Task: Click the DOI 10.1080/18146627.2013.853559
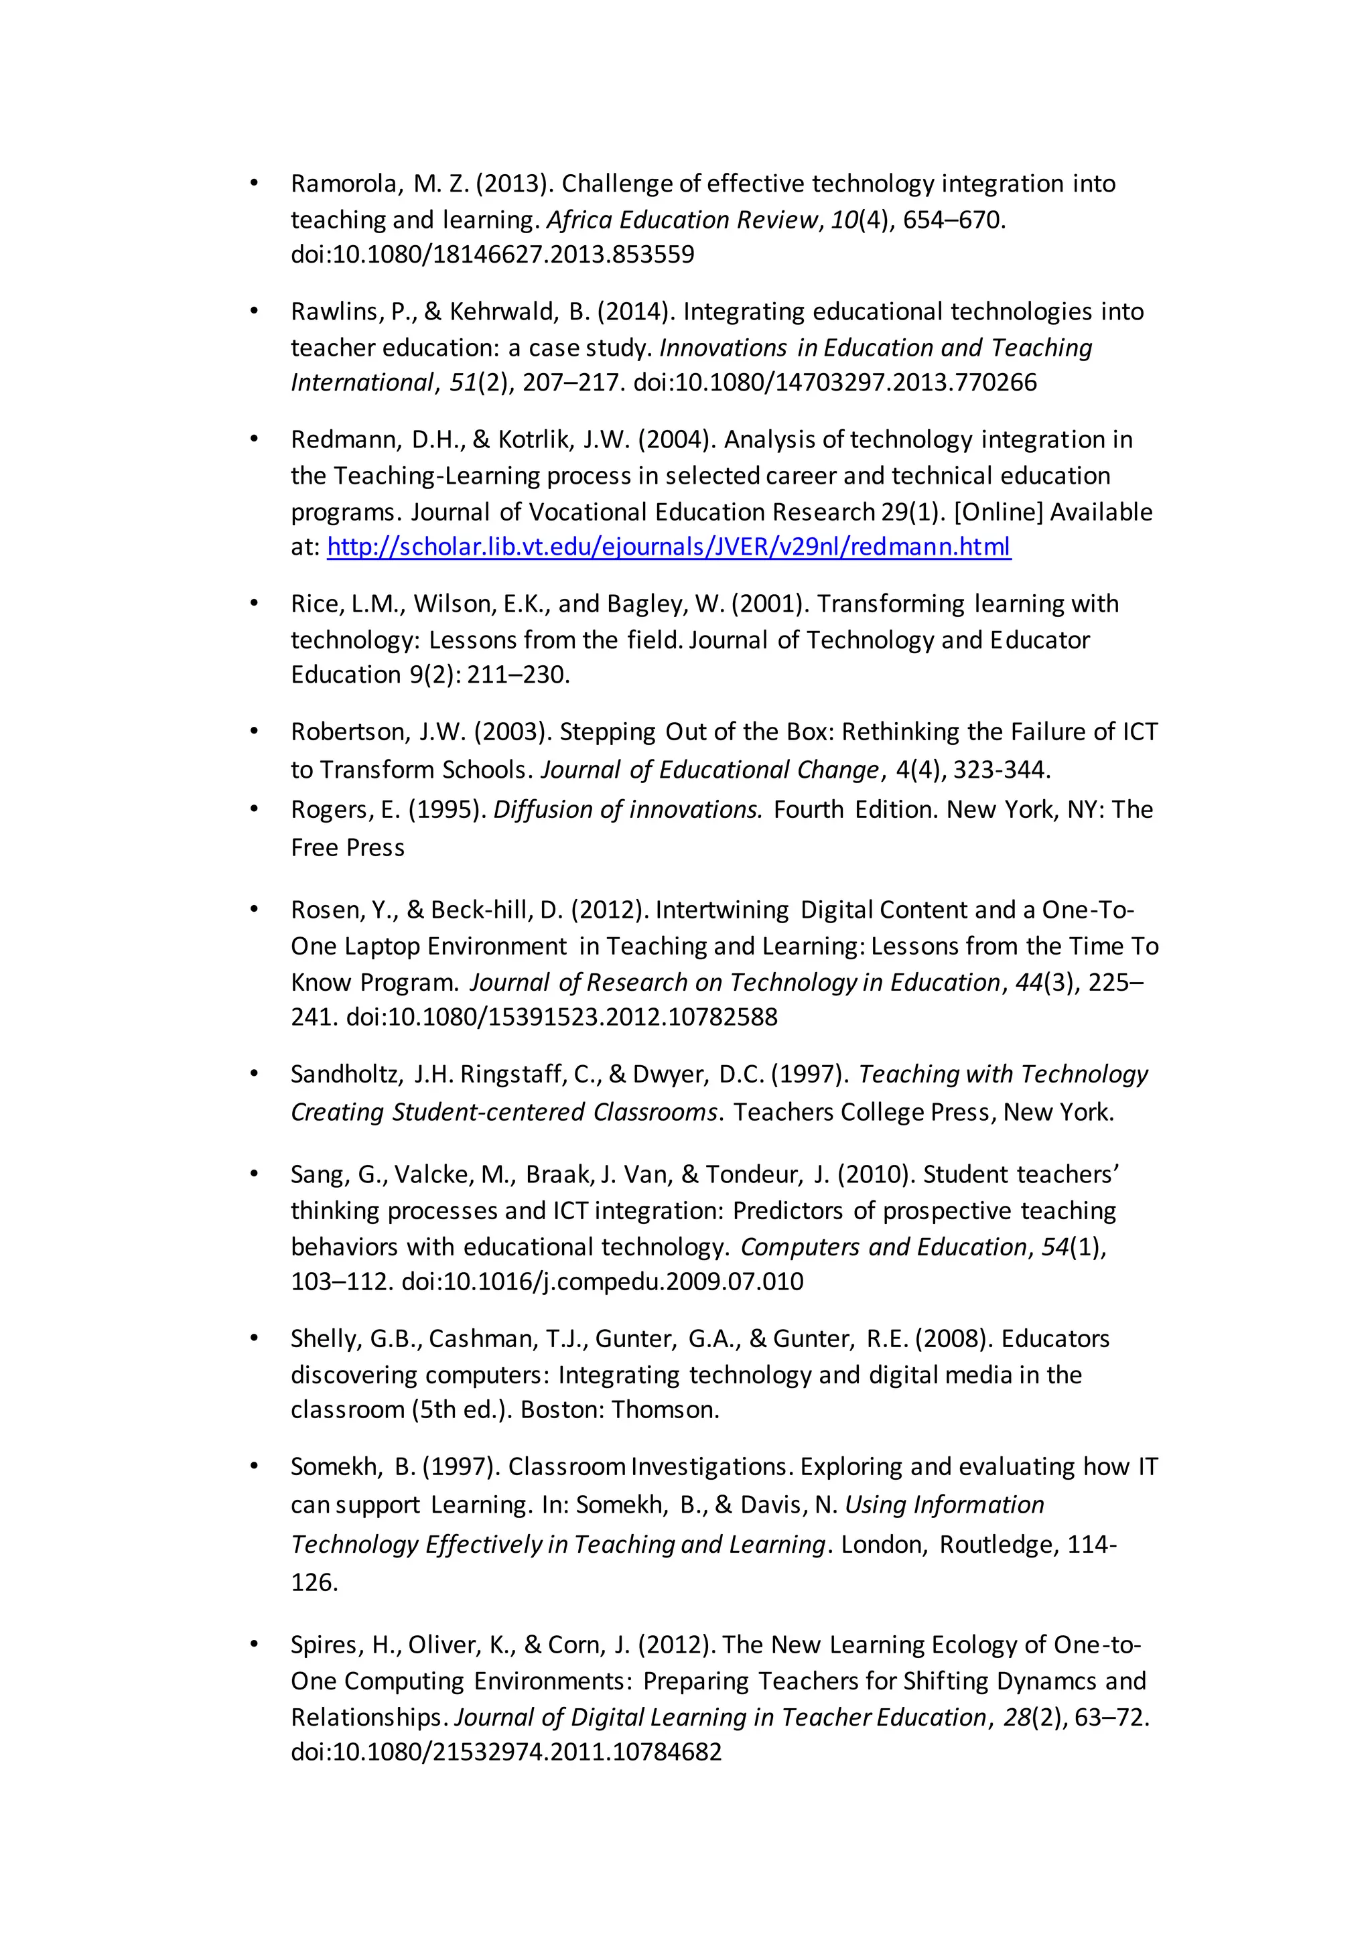pyautogui.click(x=492, y=255)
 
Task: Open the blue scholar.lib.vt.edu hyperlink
pyautogui.click(x=669, y=547)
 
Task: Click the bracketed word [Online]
pyautogui.click(x=998, y=512)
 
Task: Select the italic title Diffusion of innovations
pyautogui.click(x=628, y=809)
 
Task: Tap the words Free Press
pyautogui.click(x=347, y=847)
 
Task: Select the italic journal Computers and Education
pyautogui.click(x=883, y=1247)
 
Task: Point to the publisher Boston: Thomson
pyautogui.click(x=619, y=1410)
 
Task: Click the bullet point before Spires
pyautogui.click(x=253, y=1645)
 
